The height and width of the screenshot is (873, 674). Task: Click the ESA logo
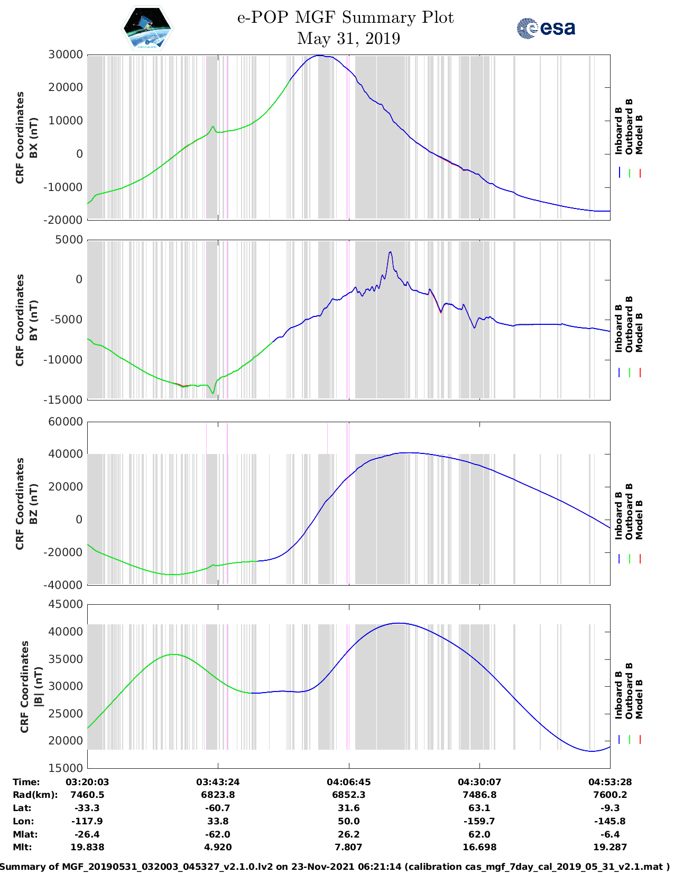pos(546,28)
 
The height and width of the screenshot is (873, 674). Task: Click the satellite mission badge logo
pos(147,29)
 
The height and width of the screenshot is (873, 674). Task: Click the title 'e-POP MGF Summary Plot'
pos(345,17)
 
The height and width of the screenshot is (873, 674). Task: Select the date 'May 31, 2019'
pos(348,39)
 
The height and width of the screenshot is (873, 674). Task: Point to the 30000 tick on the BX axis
pos(66,54)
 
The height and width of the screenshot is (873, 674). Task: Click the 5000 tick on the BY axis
pos(69,240)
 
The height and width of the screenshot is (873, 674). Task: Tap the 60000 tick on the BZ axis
pos(66,422)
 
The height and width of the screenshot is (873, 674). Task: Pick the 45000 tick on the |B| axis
pos(66,604)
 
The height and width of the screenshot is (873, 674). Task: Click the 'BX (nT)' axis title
pos(33,138)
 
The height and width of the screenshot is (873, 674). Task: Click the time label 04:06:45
pos(348,782)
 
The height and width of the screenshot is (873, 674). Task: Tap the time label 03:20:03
pos(87,782)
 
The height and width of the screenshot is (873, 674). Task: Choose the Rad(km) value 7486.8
pos(479,795)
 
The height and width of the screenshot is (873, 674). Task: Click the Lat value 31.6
pos(348,808)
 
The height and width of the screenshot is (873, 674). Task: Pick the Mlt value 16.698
pos(479,847)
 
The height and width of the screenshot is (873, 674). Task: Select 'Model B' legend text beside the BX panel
pos(639,134)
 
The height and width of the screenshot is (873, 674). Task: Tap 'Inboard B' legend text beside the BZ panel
pos(618,515)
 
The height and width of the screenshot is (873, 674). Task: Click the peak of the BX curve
pos(320,56)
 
